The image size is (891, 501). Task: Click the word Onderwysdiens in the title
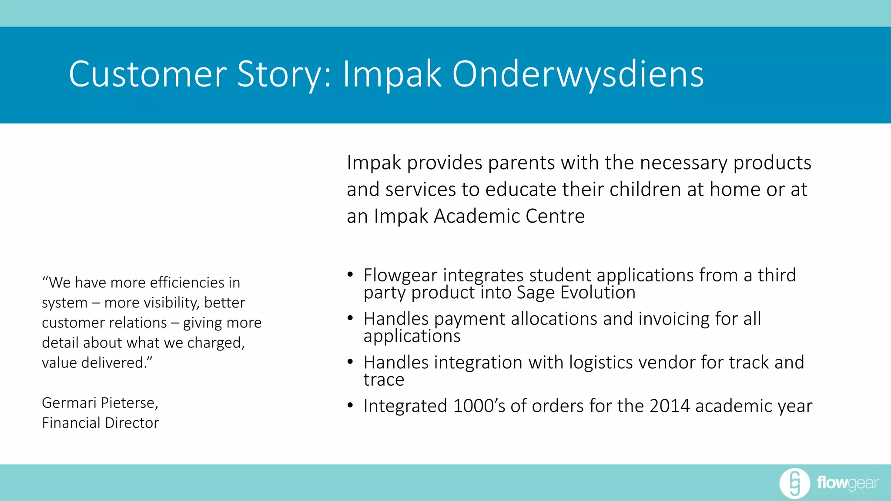(x=578, y=74)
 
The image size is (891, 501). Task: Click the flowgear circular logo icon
(x=794, y=483)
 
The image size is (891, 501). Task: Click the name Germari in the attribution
(x=69, y=403)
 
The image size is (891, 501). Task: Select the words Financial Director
(x=100, y=423)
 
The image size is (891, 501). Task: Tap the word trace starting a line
(x=384, y=380)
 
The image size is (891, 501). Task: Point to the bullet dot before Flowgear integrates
(x=350, y=275)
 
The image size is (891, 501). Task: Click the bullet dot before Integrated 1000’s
(x=350, y=405)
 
